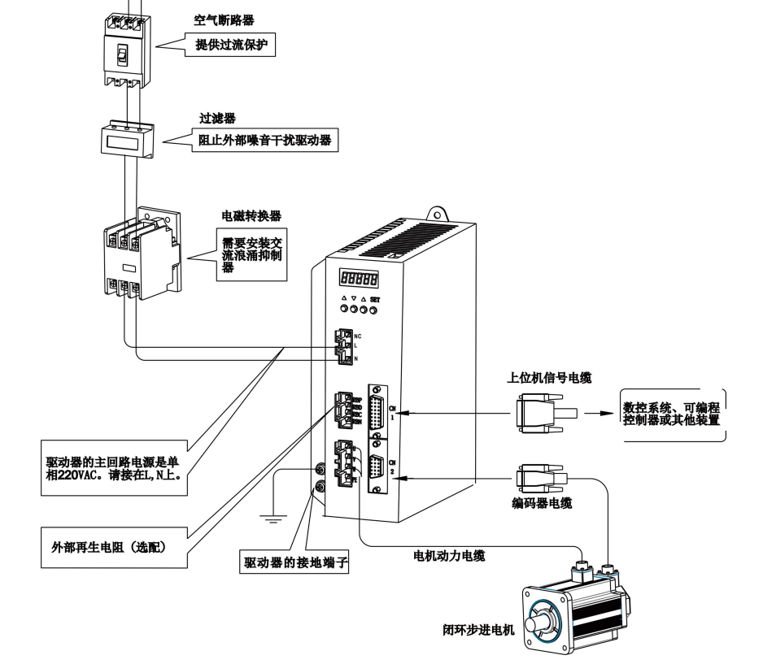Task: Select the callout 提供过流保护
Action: point(232,47)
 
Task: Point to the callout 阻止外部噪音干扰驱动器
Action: point(260,139)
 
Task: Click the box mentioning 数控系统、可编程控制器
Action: point(673,414)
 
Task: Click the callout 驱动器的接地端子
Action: point(296,561)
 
